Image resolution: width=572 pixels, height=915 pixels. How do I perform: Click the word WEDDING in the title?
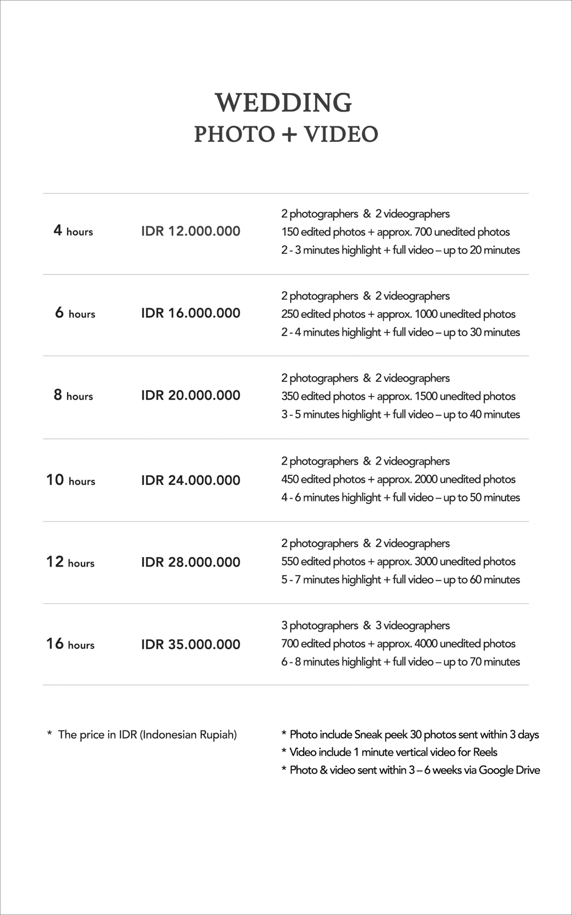coord(284,103)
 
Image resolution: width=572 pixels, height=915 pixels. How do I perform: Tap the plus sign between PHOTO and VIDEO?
coord(289,134)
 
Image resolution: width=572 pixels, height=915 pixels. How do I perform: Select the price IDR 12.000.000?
coord(190,231)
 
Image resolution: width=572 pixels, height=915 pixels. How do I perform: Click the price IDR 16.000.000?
coord(190,313)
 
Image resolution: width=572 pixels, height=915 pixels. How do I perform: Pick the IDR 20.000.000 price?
coord(190,395)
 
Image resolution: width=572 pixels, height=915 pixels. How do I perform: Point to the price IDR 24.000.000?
coord(190,480)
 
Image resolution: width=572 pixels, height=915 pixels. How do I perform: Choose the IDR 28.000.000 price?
coord(190,562)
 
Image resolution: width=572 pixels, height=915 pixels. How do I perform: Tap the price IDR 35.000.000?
coord(190,644)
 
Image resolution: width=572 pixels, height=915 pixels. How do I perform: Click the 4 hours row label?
coord(73,231)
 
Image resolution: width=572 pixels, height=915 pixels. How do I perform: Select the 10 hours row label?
coord(71,480)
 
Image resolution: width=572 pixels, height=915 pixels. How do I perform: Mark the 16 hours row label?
coord(70,644)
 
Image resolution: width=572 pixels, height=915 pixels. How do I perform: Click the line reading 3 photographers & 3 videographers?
coord(365,625)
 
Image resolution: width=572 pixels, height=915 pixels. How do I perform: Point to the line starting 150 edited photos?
coord(395,232)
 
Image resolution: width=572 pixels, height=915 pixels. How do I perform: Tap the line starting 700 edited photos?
coord(398,643)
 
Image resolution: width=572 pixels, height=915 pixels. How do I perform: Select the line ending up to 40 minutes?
coord(400,414)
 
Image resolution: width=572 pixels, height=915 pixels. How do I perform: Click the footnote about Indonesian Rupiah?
coord(142,734)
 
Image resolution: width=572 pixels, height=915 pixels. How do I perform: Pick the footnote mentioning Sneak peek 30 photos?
coord(410,734)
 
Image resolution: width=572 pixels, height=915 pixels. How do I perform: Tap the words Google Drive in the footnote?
coord(509,770)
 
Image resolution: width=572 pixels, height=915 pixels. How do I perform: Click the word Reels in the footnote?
coord(485,752)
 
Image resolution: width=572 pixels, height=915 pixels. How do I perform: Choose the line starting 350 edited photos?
coord(398,396)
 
